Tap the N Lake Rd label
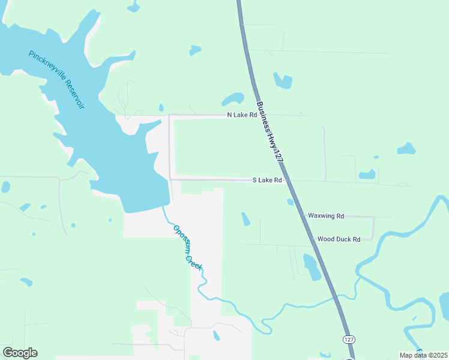(241, 115)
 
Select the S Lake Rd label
(267, 180)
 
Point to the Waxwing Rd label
(325, 216)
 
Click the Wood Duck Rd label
(339, 239)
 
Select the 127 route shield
(349, 340)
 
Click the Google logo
(20, 353)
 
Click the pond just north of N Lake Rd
(233, 99)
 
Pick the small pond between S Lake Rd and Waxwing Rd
(246, 219)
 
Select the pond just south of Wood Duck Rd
(312, 267)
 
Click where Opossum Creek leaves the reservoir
(163, 206)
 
